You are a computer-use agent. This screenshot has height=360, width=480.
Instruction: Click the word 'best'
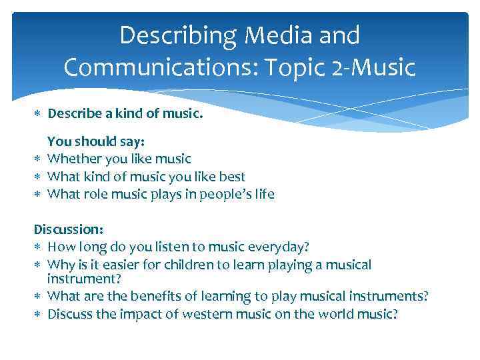tap(232, 177)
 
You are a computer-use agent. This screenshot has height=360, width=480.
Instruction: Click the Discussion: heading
tap(69, 229)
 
